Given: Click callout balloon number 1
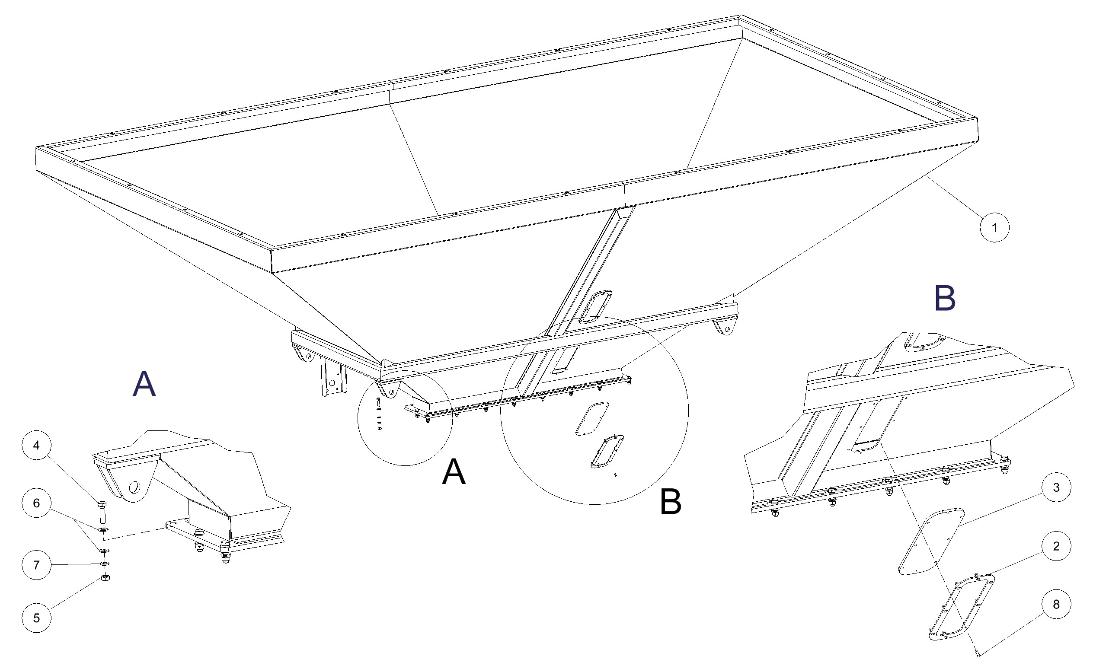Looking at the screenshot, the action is point(994,228).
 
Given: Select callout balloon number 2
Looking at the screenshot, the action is point(1056,546).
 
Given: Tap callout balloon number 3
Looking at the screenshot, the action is point(1056,487).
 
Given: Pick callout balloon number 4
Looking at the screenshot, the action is point(36,445).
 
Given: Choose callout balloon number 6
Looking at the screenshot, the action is point(36,503).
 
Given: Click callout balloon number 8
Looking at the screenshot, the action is point(1056,604).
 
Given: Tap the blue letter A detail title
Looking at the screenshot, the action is point(144,384).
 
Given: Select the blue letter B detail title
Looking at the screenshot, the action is point(945,298).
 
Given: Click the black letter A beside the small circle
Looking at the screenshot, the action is point(454,471).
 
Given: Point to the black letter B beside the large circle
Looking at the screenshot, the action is point(671,502).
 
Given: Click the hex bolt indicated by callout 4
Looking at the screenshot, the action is point(102,512).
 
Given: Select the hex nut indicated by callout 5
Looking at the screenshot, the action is point(105,578).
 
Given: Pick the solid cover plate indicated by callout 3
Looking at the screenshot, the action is point(931,541).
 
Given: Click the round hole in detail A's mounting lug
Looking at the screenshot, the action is point(134,487).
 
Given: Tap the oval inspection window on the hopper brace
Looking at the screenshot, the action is point(595,307).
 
